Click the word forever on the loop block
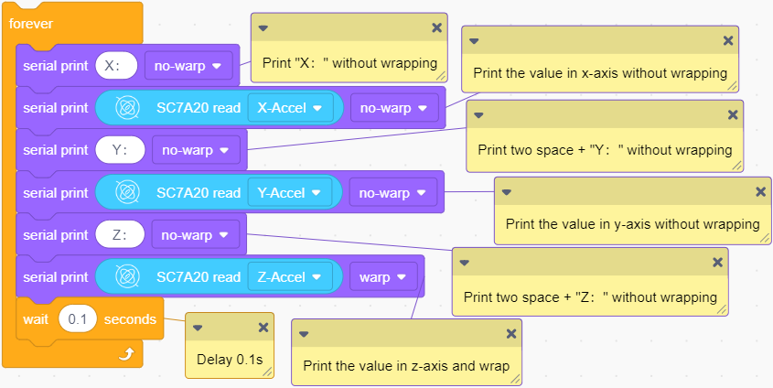pos(31,24)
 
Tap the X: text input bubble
pos(116,66)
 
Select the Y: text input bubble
pos(120,150)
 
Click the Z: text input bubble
pos(120,235)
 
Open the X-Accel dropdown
pos(290,108)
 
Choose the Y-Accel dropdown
pos(289,193)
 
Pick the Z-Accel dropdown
pos(289,277)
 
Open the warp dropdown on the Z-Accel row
pos(383,277)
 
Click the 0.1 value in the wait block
pos(78,319)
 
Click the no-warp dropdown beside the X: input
pos(188,66)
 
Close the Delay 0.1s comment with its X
pos(263,328)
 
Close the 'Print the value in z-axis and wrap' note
pos(511,334)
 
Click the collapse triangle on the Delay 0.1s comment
pos(198,328)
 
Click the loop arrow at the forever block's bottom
pos(126,353)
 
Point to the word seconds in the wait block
pos(130,319)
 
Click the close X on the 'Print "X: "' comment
pos(436,28)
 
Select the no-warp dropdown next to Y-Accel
pos(393,193)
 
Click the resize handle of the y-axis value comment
pos(765,238)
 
